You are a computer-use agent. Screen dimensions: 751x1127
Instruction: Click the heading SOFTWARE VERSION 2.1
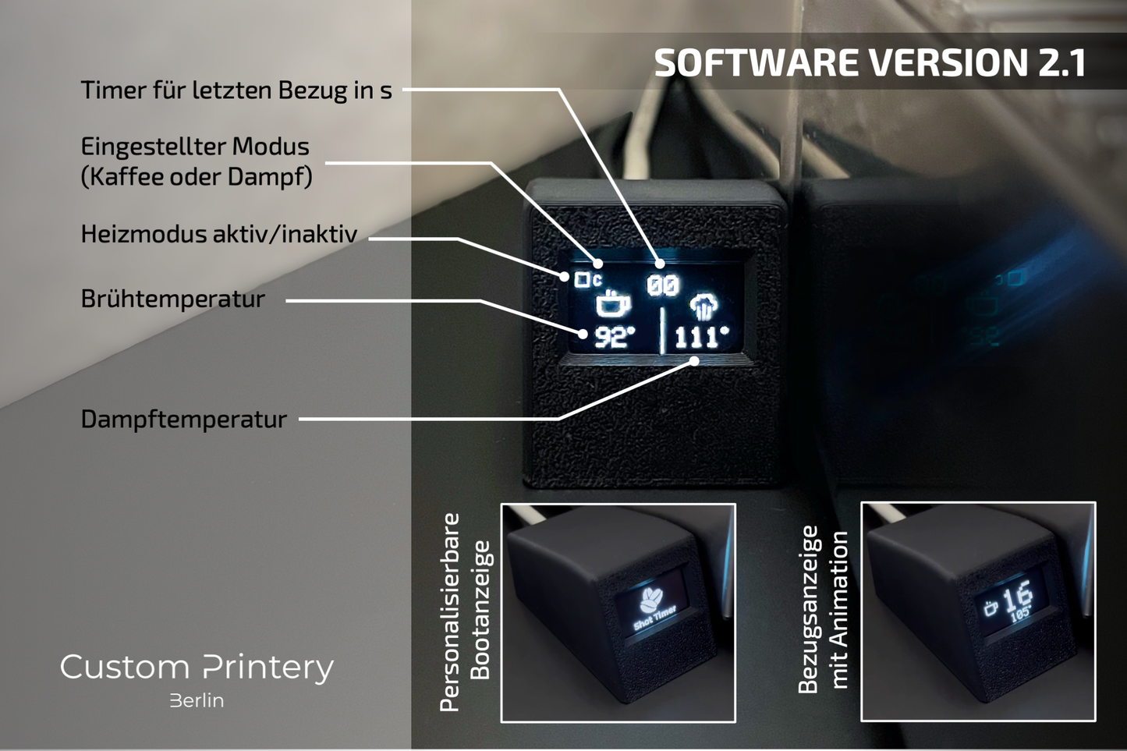coord(870,63)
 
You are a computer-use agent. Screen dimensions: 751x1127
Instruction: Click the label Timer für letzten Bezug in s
coord(236,90)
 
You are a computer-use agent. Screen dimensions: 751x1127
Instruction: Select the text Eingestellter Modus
coord(195,147)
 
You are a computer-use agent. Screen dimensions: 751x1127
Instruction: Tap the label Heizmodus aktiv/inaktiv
coord(219,234)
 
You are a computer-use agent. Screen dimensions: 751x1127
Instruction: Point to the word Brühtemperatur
coord(173,299)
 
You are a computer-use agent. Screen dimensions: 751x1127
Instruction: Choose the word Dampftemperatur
coord(184,420)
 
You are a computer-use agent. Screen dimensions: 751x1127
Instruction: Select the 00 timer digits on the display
coord(663,285)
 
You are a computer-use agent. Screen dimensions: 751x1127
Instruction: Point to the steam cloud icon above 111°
coord(703,306)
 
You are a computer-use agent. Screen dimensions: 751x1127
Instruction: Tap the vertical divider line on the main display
coord(661,331)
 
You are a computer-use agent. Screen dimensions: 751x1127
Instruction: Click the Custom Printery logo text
coord(197,668)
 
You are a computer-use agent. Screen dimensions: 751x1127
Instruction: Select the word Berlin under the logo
coord(197,701)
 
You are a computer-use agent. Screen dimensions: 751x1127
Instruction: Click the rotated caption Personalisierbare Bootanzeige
coord(466,612)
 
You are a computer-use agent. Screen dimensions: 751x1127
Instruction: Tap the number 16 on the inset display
coord(1017,597)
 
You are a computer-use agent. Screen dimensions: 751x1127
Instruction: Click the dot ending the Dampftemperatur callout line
coord(694,361)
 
